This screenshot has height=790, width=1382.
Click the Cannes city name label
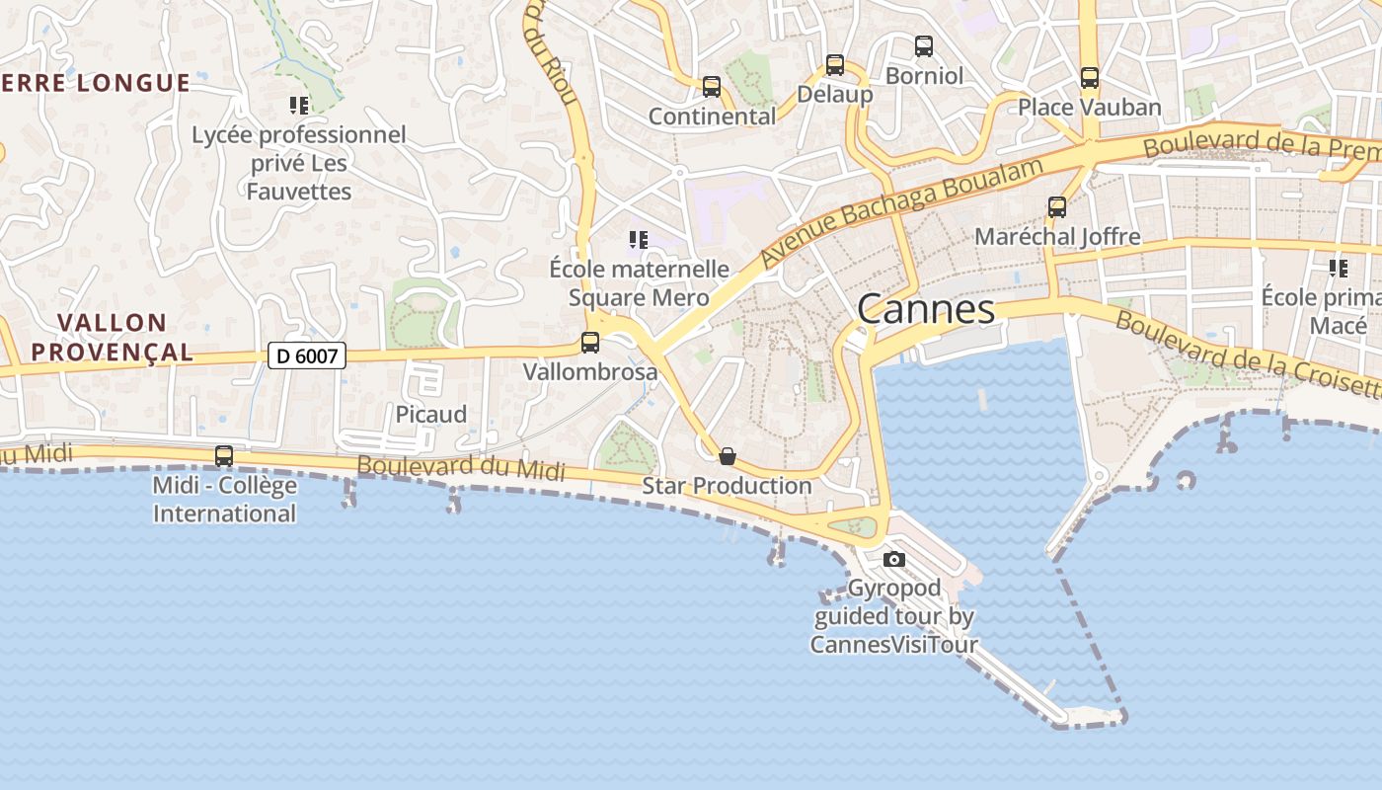(926, 309)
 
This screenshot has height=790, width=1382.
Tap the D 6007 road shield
(307, 355)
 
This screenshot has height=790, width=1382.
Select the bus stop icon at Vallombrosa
(590, 343)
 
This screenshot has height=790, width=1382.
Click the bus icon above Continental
(712, 87)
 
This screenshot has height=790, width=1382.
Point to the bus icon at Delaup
(835, 65)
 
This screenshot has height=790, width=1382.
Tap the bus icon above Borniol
(924, 45)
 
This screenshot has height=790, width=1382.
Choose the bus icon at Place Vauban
(1090, 78)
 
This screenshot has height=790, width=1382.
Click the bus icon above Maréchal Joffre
(1057, 206)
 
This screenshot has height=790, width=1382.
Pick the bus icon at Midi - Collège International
(224, 456)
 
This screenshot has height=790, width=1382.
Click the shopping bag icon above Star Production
(728, 456)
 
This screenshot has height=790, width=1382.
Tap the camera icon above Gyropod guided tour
(894, 559)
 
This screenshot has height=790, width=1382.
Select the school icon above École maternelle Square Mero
(639, 239)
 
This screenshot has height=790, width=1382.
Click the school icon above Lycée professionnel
(299, 105)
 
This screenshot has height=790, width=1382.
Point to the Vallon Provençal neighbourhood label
(125, 337)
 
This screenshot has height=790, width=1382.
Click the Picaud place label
(431, 415)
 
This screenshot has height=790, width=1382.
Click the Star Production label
(728, 486)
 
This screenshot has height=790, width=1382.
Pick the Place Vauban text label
(1090, 107)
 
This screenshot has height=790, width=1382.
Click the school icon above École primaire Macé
(1339, 268)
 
